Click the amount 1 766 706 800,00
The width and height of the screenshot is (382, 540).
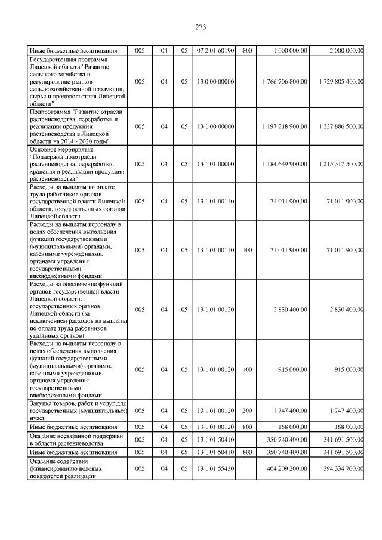coord(285,81)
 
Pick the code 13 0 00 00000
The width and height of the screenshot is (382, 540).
coord(215,81)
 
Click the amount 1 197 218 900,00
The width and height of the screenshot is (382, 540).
coord(285,126)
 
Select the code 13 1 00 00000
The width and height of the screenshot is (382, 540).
coord(215,126)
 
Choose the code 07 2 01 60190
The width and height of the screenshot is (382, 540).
coord(215,51)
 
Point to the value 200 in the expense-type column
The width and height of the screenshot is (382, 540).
coord(247,411)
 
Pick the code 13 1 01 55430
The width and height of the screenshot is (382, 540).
coord(215,468)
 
